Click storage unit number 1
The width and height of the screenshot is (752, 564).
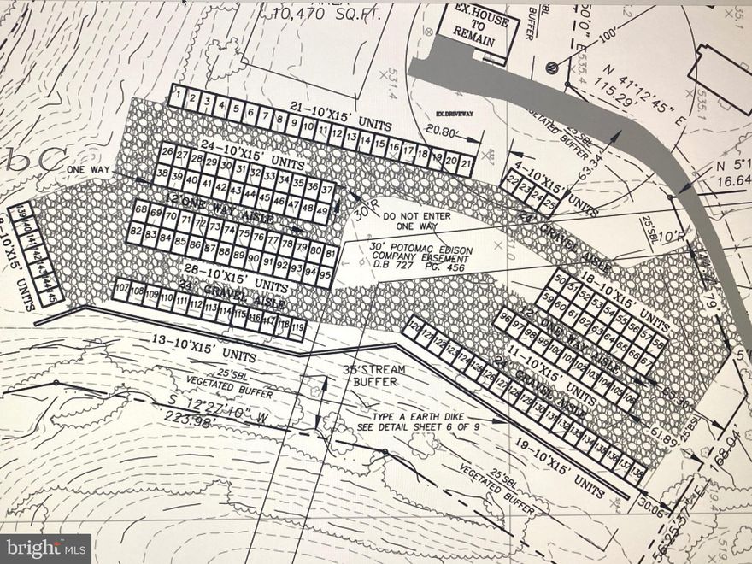click(x=177, y=96)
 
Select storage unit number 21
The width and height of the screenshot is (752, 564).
click(x=466, y=162)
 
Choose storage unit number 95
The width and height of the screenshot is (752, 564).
click(x=325, y=275)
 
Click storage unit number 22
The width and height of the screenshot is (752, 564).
click(x=513, y=180)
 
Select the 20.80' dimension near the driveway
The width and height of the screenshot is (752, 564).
click(x=440, y=132)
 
